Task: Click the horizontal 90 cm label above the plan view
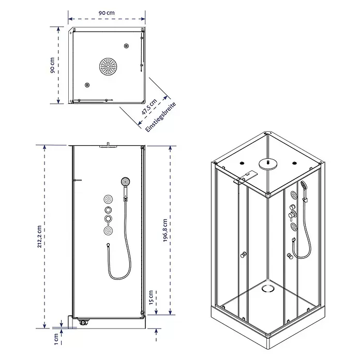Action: (107, 13)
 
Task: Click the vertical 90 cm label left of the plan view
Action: (52, 66)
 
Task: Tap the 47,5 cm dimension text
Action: (149, 107)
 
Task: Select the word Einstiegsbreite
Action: (161, 117)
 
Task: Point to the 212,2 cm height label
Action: (39, 236)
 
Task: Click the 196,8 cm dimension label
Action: (165, 230)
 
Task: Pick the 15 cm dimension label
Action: (151, 298)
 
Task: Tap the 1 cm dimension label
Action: (56, 339)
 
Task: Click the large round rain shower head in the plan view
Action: (108, 67)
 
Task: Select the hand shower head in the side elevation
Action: (125, 182)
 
